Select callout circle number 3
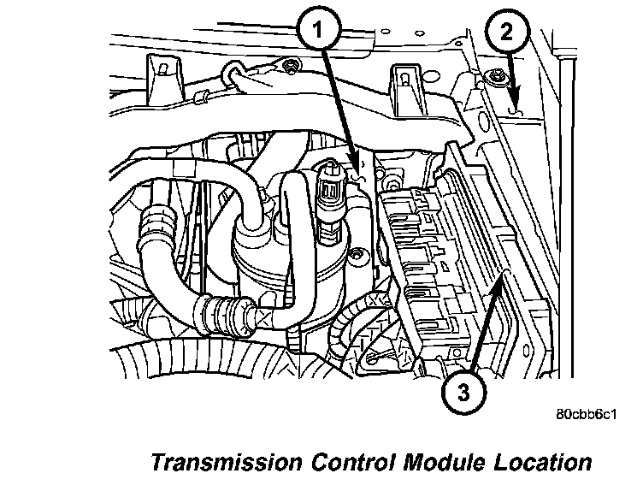463,393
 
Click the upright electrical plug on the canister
327,192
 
